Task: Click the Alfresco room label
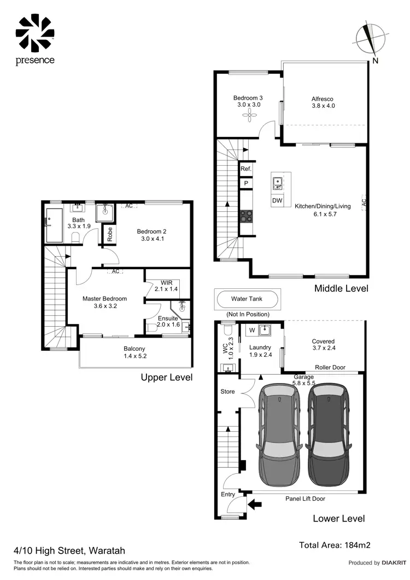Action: click(323, 99)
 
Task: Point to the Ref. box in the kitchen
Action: click(246, 170)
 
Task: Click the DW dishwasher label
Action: click(277, 201)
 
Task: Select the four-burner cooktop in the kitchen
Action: click(246, 216)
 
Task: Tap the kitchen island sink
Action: click(277, 182)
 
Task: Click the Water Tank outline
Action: click(247, 299)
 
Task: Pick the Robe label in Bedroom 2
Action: click(110, 235)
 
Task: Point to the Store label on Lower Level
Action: click(227, 392)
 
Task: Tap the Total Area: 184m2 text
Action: click(336, 545)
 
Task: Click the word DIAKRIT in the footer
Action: click(394, 562)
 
